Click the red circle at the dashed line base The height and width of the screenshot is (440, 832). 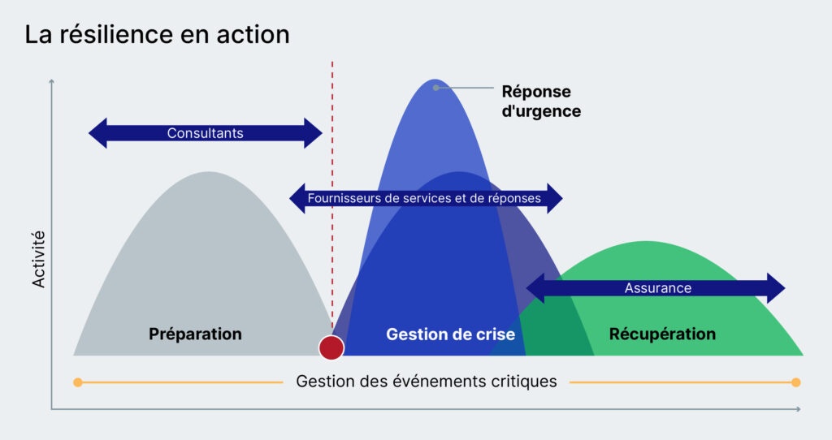point(331,347)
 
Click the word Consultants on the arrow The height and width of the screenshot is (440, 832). point(205,133)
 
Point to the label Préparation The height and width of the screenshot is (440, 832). point(195,334)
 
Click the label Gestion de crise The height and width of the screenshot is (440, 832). point(450,334)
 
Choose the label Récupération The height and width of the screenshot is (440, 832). point(662,334)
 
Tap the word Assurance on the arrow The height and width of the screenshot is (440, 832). point(657,288)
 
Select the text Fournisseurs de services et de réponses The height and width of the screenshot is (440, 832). point(426,198)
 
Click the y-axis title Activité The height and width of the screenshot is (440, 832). point(38,259)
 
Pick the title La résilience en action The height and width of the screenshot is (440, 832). point(157,35)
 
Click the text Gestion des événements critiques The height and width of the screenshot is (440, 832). point(427,381)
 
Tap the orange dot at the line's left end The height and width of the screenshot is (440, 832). point(77,382)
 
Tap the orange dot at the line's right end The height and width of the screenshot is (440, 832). point(795,382)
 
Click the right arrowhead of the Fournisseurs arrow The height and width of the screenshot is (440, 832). point(554,198)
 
